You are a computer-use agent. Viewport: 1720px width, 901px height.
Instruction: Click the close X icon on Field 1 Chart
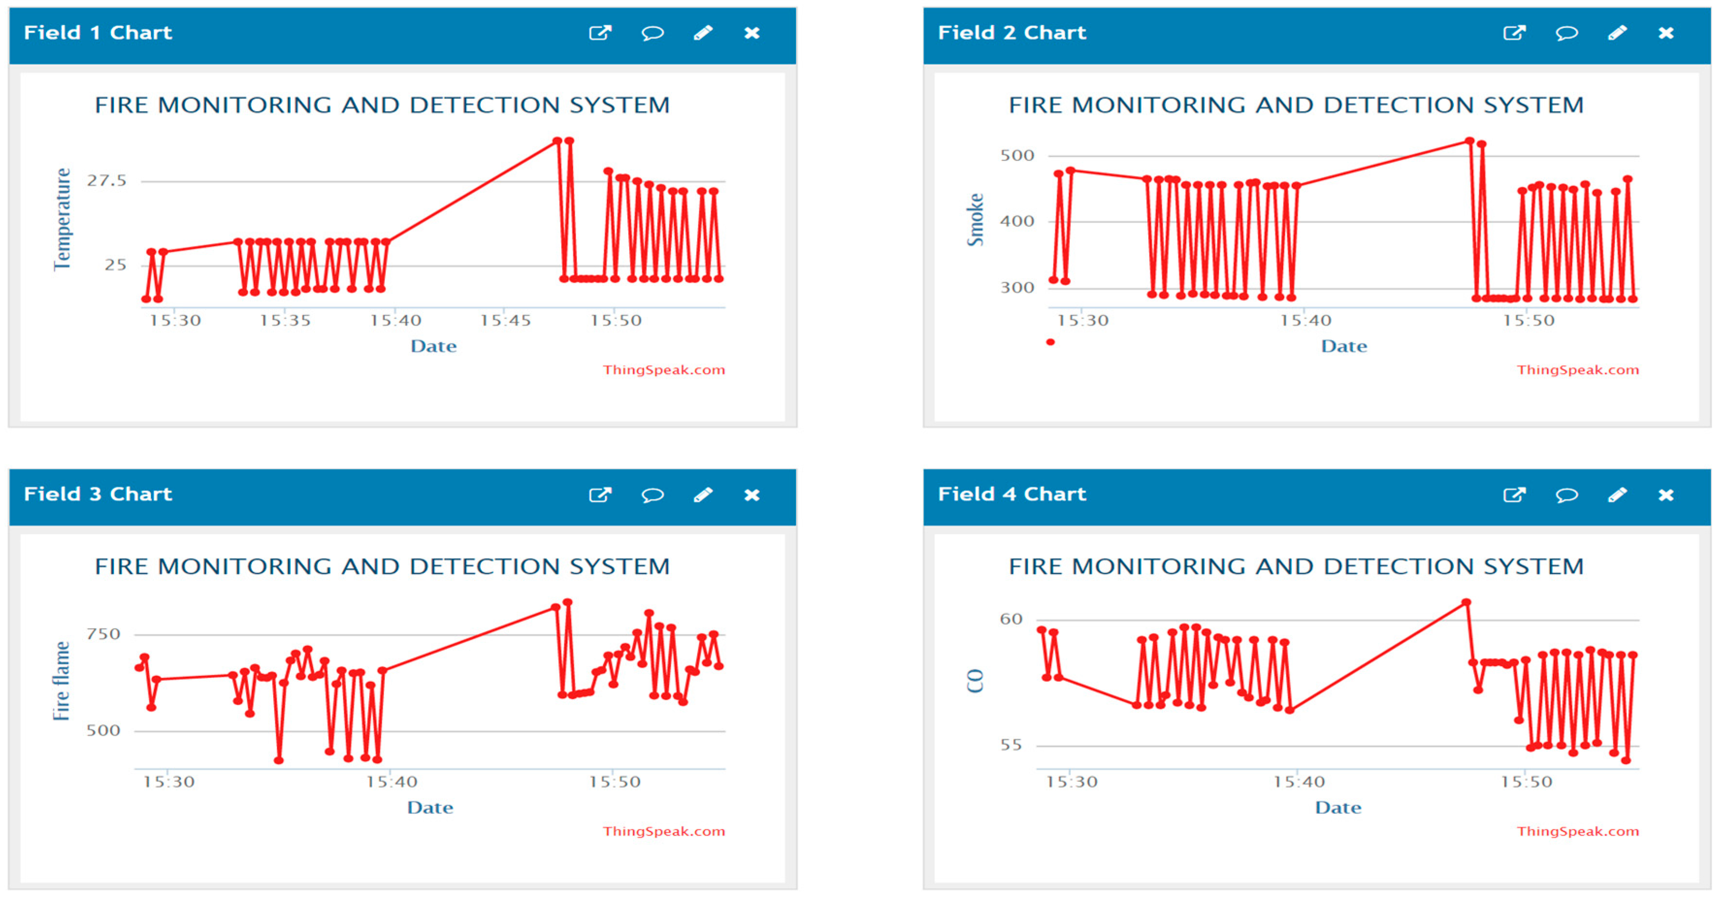(x=752, y=32)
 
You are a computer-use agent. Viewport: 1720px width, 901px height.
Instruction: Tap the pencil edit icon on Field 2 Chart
(x=1617, y=32)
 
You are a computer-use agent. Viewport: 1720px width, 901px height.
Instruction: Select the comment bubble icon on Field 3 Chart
(x=652, y=495)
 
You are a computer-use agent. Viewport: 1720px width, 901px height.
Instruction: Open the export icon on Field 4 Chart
(x=1514, y=495)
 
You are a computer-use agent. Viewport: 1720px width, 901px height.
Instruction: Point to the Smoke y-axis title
(x=975, y=220)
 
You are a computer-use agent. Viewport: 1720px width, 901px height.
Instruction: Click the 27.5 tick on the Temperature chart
(x=107, y=181)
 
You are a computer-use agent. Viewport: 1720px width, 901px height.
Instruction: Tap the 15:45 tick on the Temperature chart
(x=505, y=321)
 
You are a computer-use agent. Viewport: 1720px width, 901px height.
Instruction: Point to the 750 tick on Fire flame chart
(x=103, y=634)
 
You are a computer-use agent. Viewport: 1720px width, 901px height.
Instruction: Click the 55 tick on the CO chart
(x=1011, y=745)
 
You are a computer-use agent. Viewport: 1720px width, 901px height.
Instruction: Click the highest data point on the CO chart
(x=1466, y=603)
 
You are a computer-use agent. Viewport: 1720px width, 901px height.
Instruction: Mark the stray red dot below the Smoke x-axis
(x=1050, y=342)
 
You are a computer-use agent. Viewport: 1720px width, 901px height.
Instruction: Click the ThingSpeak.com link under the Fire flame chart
(x=664, y=831)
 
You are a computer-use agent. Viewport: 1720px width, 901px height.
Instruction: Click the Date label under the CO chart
(x=1338, y=807)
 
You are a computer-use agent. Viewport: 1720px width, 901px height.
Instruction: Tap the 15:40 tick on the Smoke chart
(x=1305, y=321)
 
